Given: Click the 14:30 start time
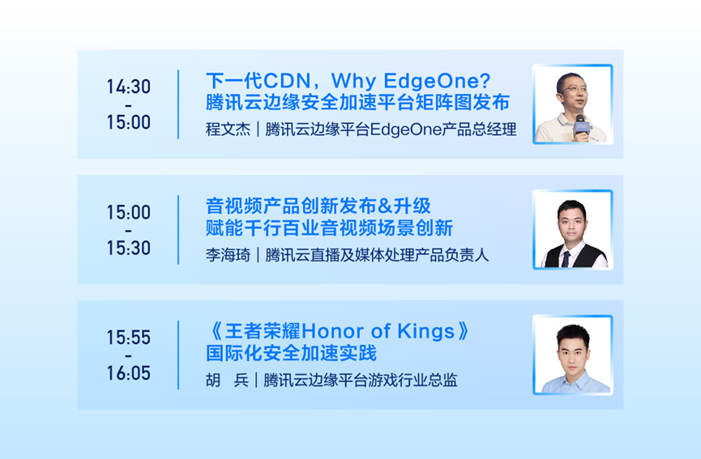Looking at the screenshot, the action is pyautogui.click(x=128, y=87).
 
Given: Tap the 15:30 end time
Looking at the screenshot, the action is pyautogui.click(x=128, y=248).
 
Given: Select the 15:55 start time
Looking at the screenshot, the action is pyautogui.click(x=128, y=338).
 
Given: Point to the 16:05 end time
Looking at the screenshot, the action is pyautogui.click(x=128, y=373).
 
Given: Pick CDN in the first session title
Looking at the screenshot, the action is pyautogui.click(x=287, y=81).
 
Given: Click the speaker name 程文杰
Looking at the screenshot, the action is pyautogui.click(x=228, y=130).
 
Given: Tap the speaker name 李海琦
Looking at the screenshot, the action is pyautogui.click(x=228, y=255).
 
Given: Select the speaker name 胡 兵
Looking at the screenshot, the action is pyautogui.click(x=227, y=380).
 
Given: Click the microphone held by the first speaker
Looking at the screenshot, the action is pyautogui.click(x=581, y=126).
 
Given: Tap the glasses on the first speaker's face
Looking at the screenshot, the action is pyautogui.click(x=575, y=89).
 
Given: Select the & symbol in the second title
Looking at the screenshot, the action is pyautogui.click(x=384, y=206).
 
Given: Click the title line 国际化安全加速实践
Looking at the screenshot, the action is pyautogui.click(x=291, y=353).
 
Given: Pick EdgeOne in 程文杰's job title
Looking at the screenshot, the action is pyautogui.click(x=406, y=130).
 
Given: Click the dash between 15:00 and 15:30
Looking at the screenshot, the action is pyautogui.click(x=128, y=231).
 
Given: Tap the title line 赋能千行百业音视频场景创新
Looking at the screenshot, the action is pyautogui.click(x=329, y=227).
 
